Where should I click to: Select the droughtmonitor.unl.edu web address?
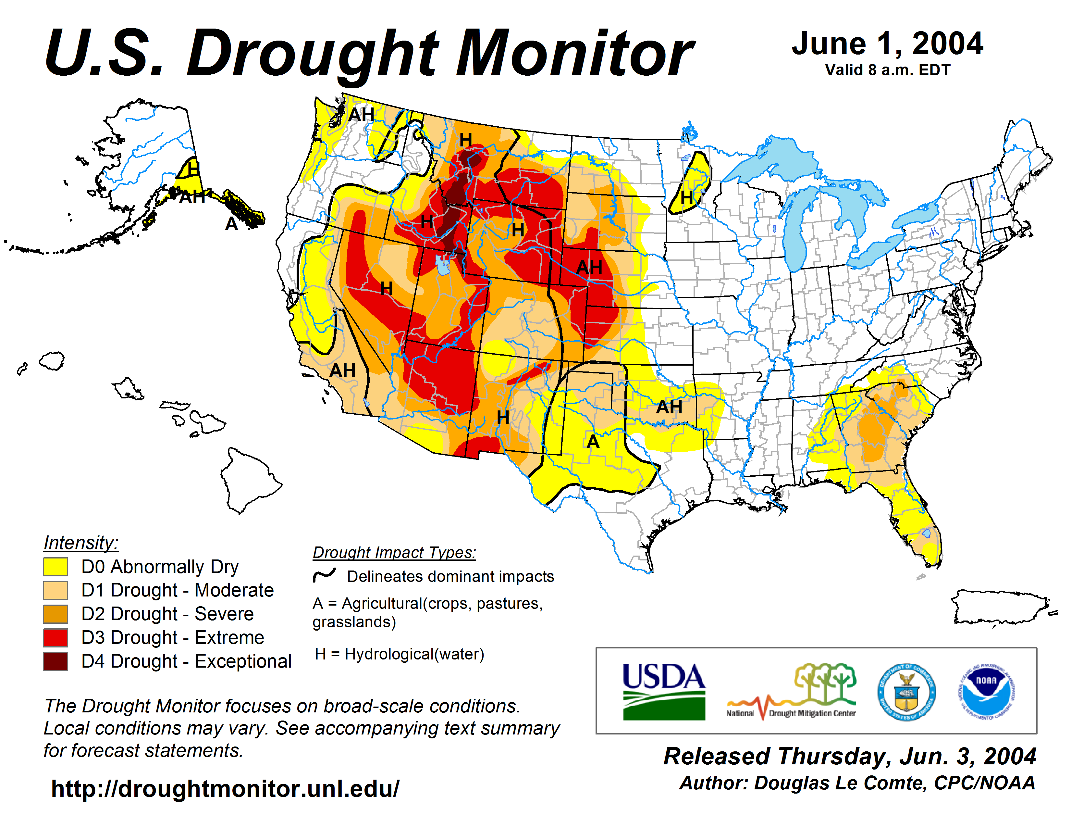[x=225, y=789]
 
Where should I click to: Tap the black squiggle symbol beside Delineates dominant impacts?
[x=324, y=575]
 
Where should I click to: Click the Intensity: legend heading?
[x=81, y=543]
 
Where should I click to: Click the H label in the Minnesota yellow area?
[x=686, y=198]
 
